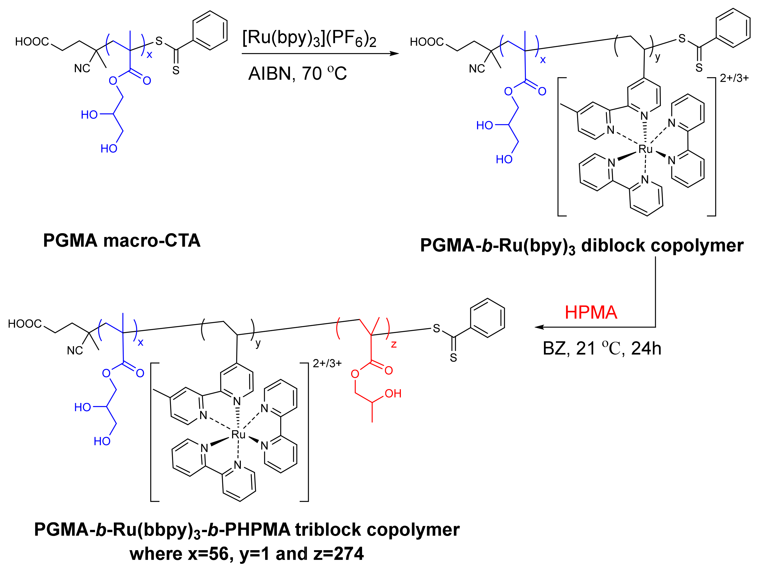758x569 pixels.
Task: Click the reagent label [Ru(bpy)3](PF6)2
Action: (x=309, y=38)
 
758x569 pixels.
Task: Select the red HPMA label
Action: (x=591, y=312)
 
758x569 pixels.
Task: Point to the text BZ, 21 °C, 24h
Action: (x=602, y=348)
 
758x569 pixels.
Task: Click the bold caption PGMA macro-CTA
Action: (x=122, y=241)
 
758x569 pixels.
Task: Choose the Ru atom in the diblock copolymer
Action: (x=645, y=149)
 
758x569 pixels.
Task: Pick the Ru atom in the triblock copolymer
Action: (x=238, y=435)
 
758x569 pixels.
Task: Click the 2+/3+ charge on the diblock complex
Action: (x=734, y=78)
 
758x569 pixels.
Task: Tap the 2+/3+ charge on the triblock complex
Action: (x=327, y=363)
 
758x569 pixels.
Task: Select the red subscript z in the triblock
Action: (x=394, y=344)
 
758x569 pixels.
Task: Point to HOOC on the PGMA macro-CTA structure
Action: (x=32, y=42)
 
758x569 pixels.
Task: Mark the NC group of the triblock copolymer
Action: (x=75, y=351)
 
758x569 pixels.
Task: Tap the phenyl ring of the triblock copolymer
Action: (x=487, y=318)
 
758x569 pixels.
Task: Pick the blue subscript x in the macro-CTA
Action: (x=149, y=55)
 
